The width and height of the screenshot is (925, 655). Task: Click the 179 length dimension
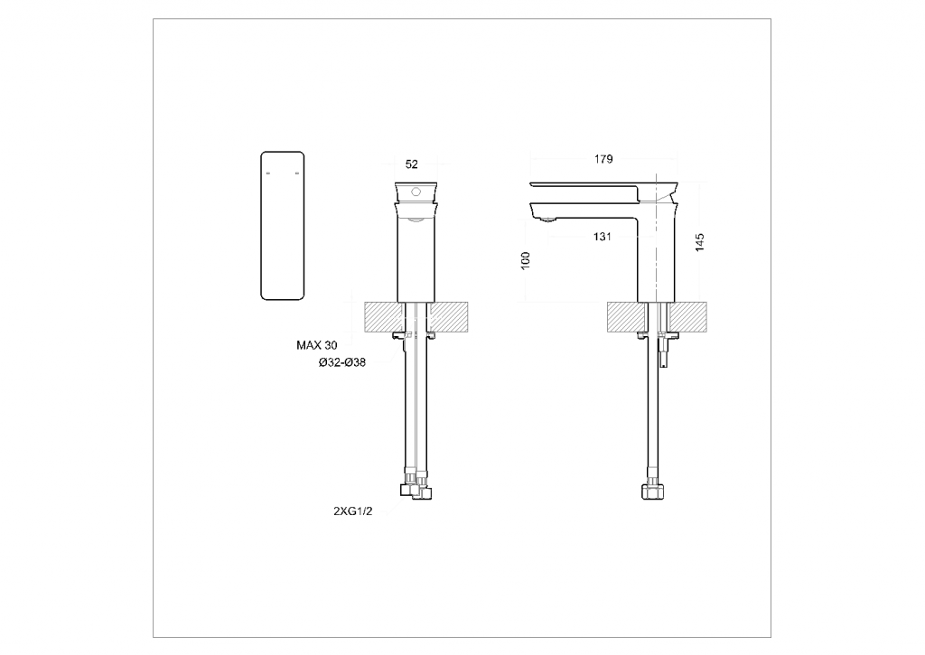coord(603,159)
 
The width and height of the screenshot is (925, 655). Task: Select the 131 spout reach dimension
coord(603,237)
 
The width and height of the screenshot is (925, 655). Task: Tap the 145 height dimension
coord(700,242)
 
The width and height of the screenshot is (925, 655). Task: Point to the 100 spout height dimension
coord(527,260)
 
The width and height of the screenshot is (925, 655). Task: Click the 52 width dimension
coord(412,164)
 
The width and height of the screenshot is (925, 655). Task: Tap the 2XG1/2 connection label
coord(352,510)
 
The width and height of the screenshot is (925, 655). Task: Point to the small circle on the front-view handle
coord(416,192)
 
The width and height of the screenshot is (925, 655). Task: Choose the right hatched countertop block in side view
coord(694,316)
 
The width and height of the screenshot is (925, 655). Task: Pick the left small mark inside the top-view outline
coord(267,173)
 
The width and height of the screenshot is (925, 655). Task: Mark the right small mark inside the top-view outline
coord(298,173)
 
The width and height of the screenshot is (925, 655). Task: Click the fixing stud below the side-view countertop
coord(667,352)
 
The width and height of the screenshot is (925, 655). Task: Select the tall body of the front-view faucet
coord(416,257)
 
